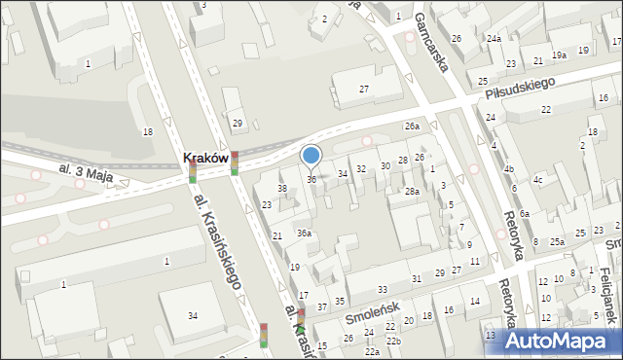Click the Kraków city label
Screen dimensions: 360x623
(204, 157)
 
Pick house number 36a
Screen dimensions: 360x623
(305, 234)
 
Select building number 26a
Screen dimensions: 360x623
(413, 126)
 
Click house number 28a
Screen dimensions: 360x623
(412, 192)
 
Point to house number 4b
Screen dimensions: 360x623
(508, 169)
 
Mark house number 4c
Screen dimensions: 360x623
(537, 180)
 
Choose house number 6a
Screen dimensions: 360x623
(524, 214)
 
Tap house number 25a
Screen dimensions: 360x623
(557, 241)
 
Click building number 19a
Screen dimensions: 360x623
(559, 55)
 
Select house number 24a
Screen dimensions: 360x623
(495, 39)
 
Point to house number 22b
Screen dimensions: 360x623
(393, 342)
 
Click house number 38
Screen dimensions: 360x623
(282, 188)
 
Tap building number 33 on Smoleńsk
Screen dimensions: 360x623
(383, 290)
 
